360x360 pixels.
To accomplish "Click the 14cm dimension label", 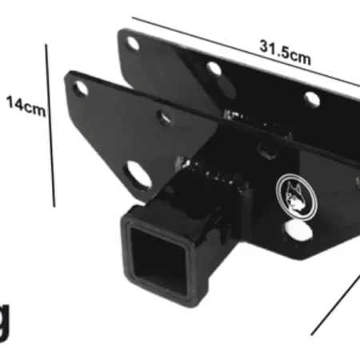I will pyautogui.click(x=25, y=105).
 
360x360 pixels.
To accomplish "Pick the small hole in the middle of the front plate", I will pyautogui.click(x=164, y=118).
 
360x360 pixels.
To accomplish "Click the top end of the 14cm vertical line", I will pyautogui.click(x=48, y=46).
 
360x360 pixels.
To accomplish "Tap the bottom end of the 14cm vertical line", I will pyautogui.click(x=54, y=205).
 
